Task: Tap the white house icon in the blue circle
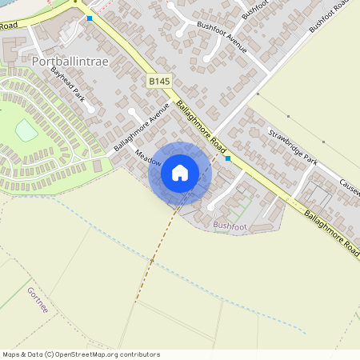click(x=180, y=173)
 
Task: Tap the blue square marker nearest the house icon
click(x=229, y=159)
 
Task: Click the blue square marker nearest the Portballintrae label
click(x=90, y=18)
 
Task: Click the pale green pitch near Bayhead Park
click(x=26, y=130)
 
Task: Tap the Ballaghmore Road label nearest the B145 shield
click(x=201, y=127)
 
